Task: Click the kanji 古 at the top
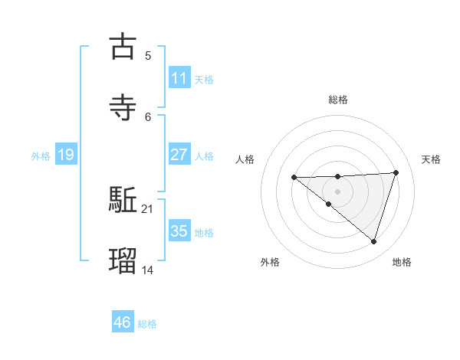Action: (123, 47)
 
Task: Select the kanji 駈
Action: (123, 201)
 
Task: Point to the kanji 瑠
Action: (123, 261)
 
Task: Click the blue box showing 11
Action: (179, 78)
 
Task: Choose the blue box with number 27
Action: (179, 155)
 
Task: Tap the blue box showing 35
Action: (179, 231)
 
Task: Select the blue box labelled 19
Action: (65, 155)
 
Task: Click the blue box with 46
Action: (122, 322)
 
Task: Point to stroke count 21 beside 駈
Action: (147, 208)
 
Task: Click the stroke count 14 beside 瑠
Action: (147, 269)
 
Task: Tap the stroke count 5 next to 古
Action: (147, 55)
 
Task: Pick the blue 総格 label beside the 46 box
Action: (147, 324)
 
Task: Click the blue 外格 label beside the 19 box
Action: (41, 156)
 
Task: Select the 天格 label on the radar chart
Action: (431, 159)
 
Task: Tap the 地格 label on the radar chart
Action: (402, 262)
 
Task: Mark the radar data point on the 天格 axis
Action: (396, 172)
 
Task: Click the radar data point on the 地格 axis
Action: (373, 241)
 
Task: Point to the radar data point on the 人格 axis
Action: (294, 178)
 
